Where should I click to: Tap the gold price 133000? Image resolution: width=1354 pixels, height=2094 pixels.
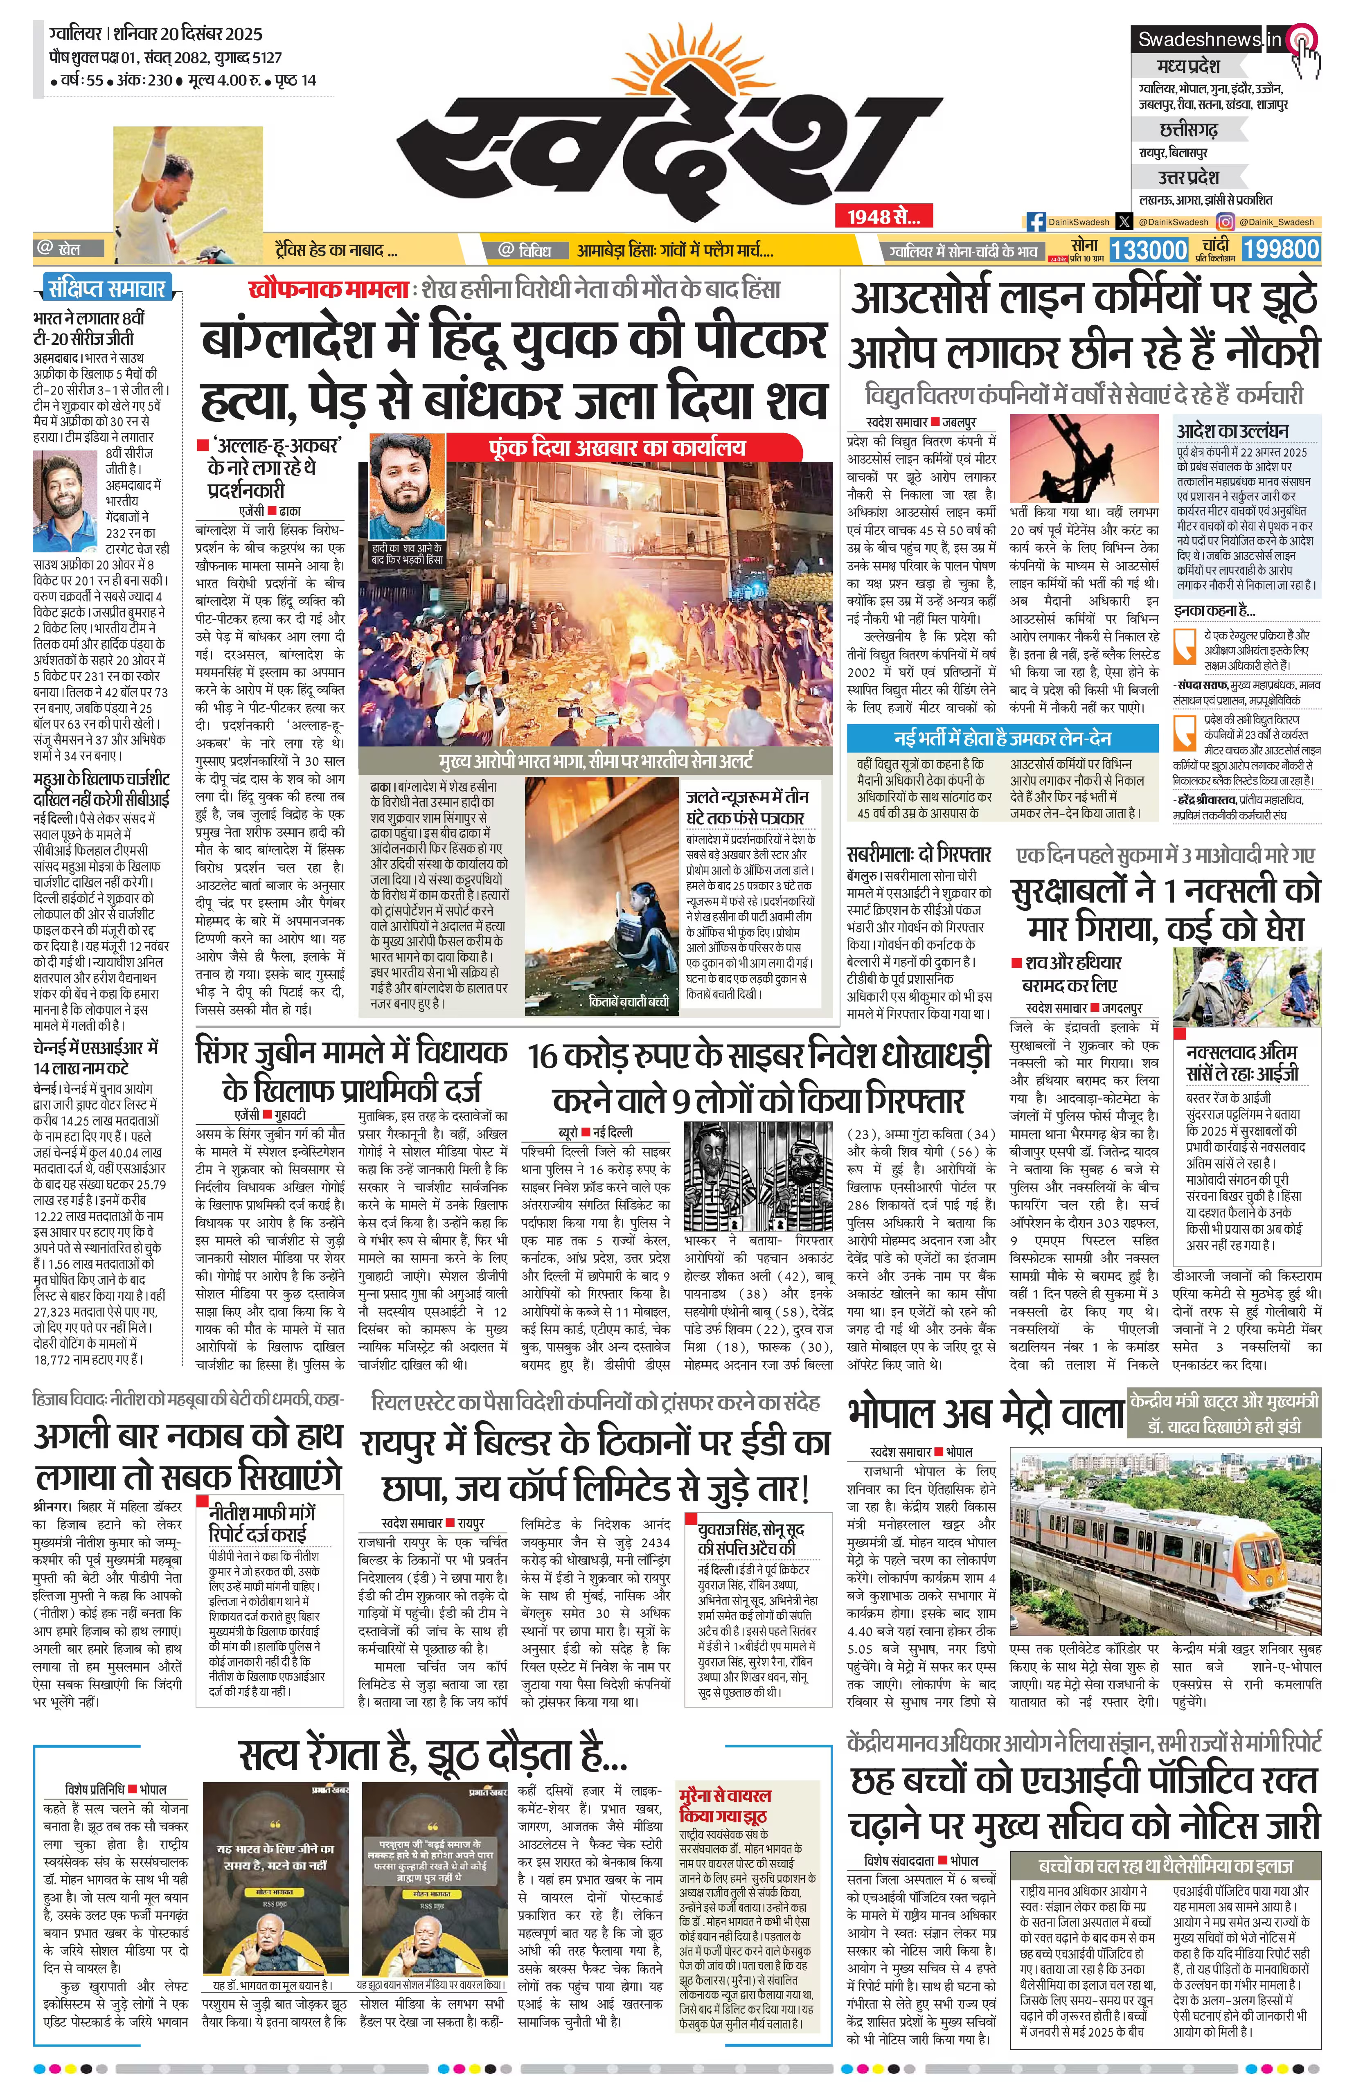pyautogui.click(x=1148, y=250)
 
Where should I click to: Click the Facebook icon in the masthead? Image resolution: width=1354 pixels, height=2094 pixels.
pyautogui.click(x=1036, y=223)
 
